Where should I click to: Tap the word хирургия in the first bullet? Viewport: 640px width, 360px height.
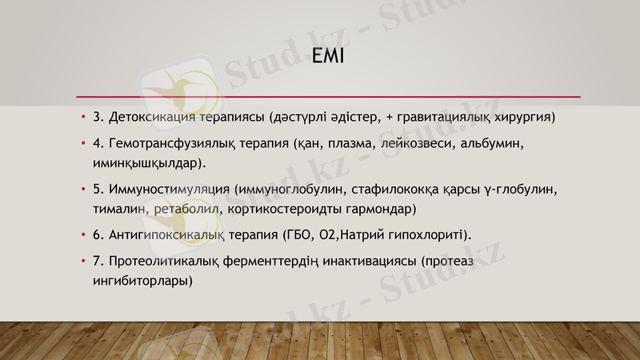click(x=523, y=117)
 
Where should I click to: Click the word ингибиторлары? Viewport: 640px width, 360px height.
click(x=141, y=281)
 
